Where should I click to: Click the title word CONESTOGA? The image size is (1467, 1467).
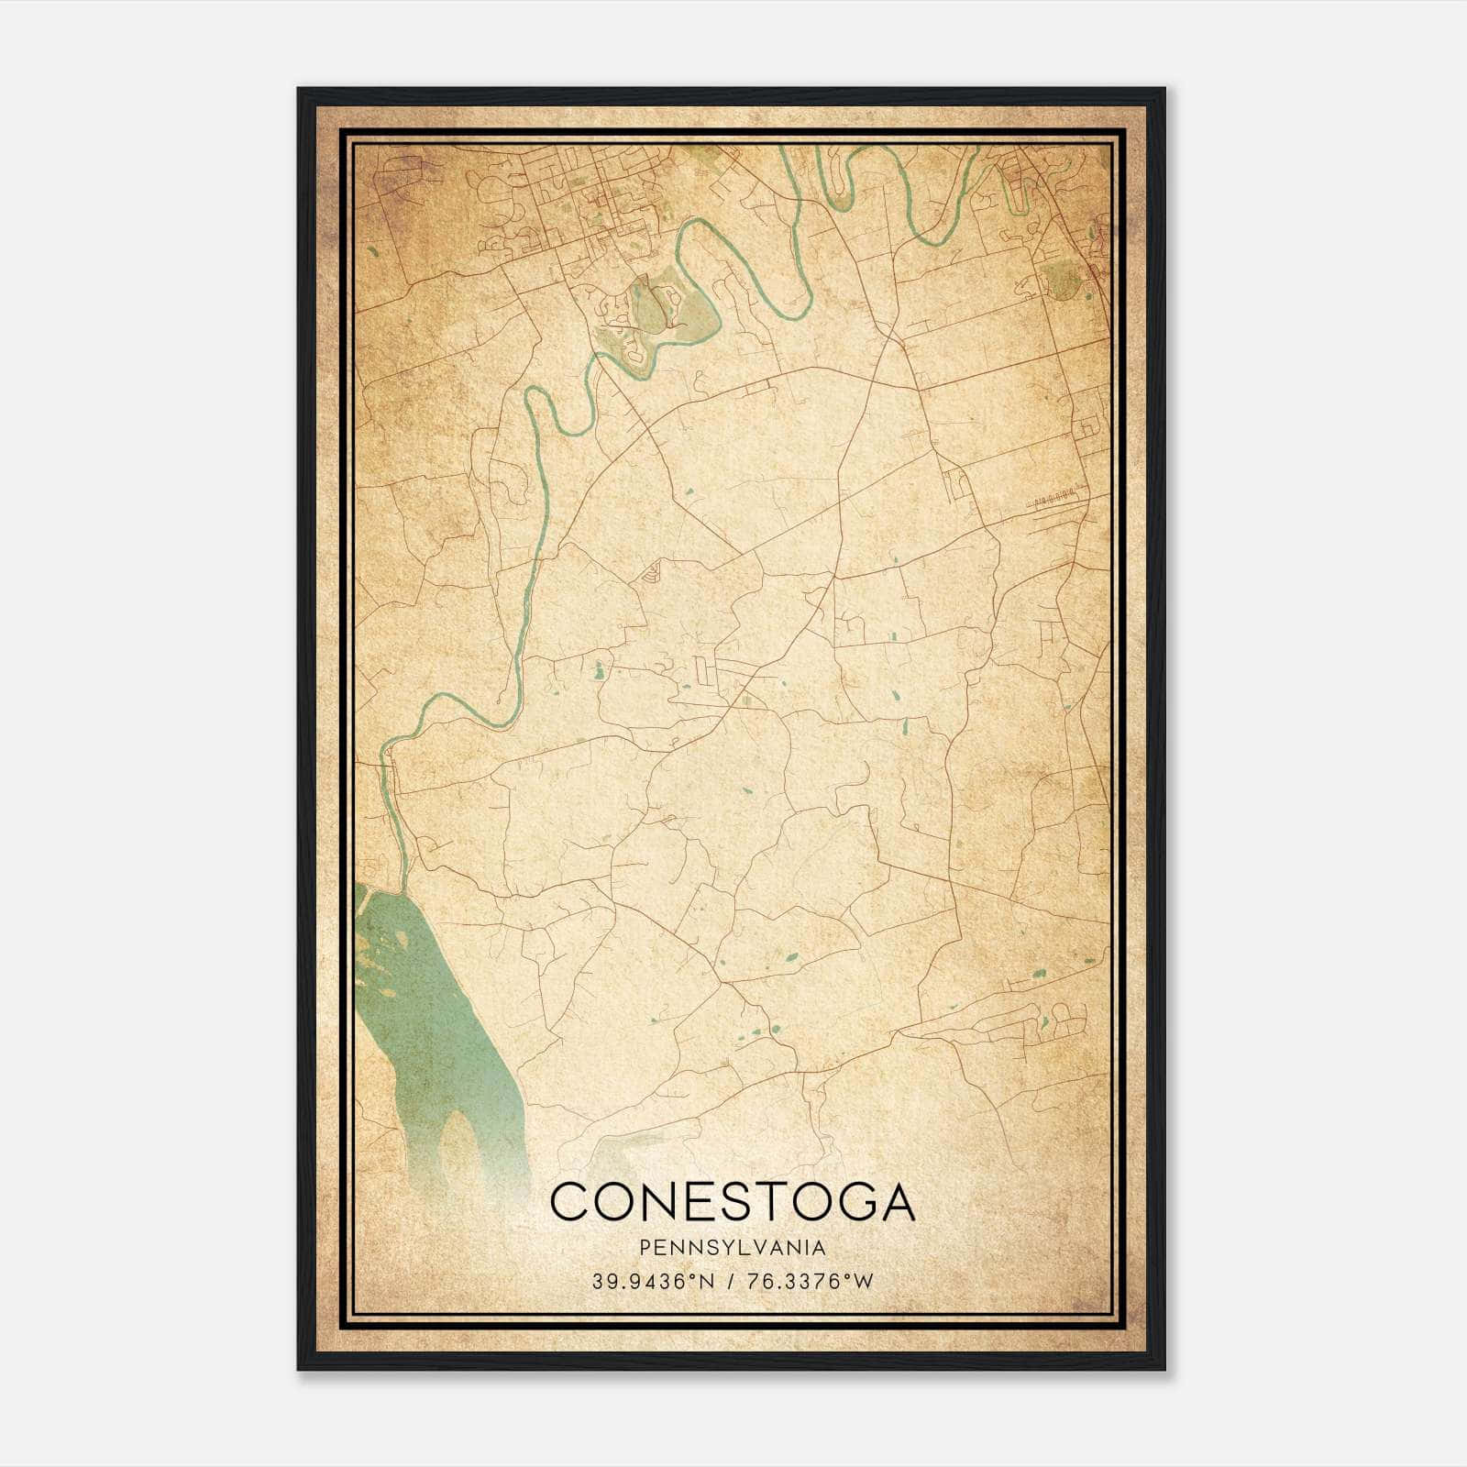coord(733,1202)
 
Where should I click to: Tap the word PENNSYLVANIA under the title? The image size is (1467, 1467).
coord(733,1248)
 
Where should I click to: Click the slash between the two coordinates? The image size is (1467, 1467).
coord(730,1282)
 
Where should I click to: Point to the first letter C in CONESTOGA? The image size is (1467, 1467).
coord(570,1202)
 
